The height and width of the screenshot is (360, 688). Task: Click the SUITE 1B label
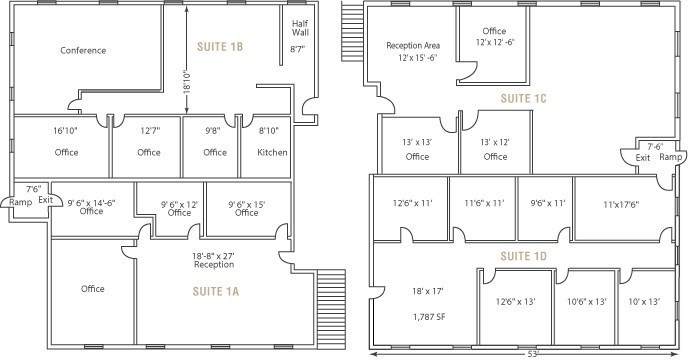(x=220, y=47)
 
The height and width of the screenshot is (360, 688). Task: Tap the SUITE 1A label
(x=216, y=292)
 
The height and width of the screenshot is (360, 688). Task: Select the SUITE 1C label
(x=523, y=98)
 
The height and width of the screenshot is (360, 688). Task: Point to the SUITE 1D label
(x=523, y=256)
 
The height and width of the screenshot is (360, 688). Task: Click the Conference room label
(x=83, y=50)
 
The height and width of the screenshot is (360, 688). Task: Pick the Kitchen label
(x=272, y=152)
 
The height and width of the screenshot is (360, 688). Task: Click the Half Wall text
(x=301, y=28)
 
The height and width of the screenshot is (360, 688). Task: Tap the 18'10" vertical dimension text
(x=187, y=82)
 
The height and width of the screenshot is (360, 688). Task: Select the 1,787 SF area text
(x=429, y=316)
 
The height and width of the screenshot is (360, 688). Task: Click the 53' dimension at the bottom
(x=532, y=354)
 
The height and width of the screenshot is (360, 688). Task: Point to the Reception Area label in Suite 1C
(x=413, y=45)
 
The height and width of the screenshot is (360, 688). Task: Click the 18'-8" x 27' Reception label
(x=214, y=260)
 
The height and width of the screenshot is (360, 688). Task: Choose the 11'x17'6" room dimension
(x=621, y=204)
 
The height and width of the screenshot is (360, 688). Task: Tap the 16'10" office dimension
(x=65, y=130)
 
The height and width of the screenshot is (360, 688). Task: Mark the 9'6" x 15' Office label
(x=246, y=209)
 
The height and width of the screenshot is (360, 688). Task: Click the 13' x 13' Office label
(x=417, y=149)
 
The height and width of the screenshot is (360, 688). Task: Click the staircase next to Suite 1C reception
(x=352, y=31)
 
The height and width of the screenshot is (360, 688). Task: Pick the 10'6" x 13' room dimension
(x=587, y=302)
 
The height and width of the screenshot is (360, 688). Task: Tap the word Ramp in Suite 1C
(x=671, y=157)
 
